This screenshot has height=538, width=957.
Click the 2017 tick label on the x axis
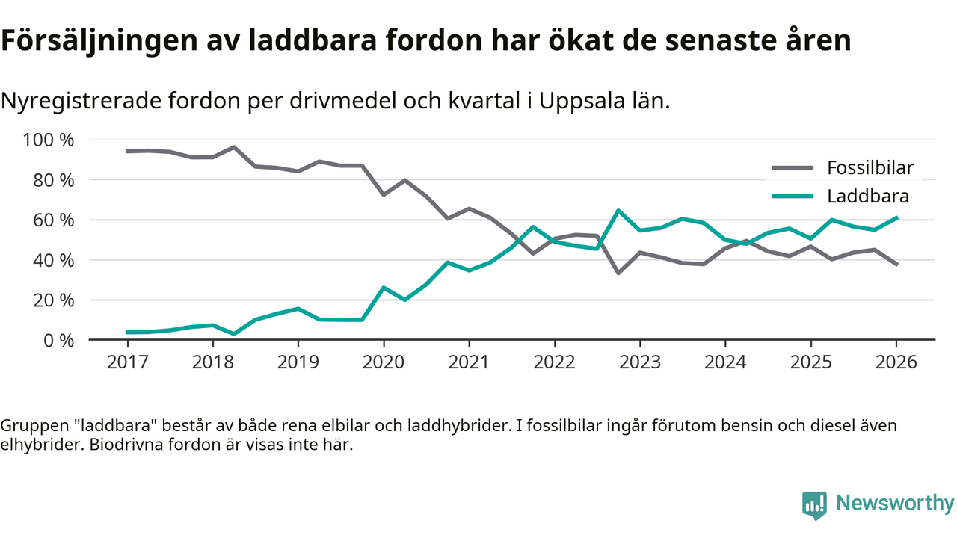click(127, 362)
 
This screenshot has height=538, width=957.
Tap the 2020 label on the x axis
click(384, 362)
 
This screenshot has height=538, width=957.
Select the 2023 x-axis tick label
click(639, 362)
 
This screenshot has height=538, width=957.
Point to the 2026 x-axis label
click(896, 362)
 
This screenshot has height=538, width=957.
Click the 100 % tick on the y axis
click(49, 140)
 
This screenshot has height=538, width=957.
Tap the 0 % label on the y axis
click(59, 340)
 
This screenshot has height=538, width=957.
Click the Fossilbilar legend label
click(870, 167)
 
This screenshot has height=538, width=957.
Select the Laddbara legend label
click(867, 197)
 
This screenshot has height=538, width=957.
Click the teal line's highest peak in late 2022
click(618, 211)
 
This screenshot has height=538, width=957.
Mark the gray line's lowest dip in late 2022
click(618, 273)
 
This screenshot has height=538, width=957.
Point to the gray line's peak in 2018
click(234, 147)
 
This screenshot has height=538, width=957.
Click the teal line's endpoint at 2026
click(896, 217)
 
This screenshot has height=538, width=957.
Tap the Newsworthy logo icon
click(814, 504)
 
